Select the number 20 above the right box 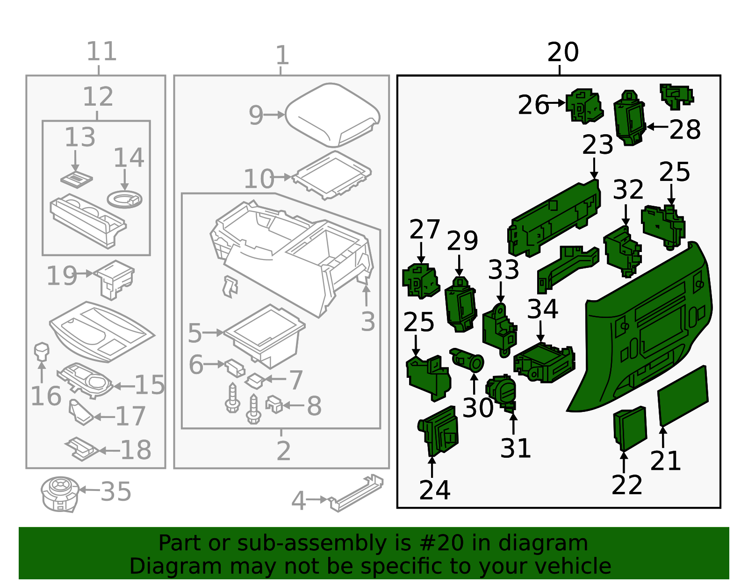tap(563, 52)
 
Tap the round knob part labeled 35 tap(59, 494)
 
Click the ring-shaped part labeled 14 tap(124, 199)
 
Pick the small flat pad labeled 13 tap(77, 179)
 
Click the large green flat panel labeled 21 tap(683, 396)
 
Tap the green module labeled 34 tap(544, 362)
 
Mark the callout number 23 tap(597, 144)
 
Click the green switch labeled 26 tap(583, 106)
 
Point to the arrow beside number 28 tap(657, 126)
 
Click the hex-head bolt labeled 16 tap(42, 352)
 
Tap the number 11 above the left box tap(101, 51)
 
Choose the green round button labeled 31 tap(501, 391)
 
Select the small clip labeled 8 tap(274, 404)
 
